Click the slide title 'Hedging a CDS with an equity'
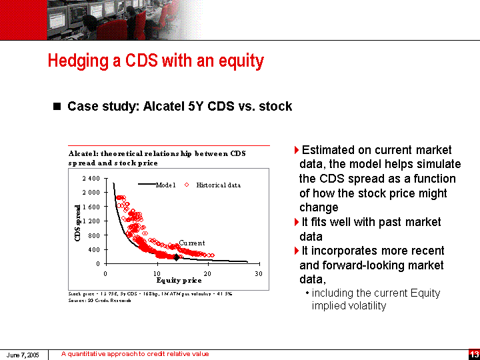click(155, 61)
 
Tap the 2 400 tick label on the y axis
click(91, 179)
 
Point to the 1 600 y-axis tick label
click(91, 207)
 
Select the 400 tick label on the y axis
click(94, 249)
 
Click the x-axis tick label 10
click(156, 273)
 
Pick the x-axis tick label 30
click(259, 273)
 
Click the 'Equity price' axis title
click(178, 281)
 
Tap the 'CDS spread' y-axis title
click(78, 223)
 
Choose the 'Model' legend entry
click(165, 185)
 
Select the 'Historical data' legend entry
click(218, 185)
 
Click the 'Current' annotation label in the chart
click(192, 243)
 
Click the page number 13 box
click(474, 354)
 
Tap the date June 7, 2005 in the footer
click(23, 355)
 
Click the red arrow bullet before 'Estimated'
click(297, 150)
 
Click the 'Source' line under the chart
click(100, 300)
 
